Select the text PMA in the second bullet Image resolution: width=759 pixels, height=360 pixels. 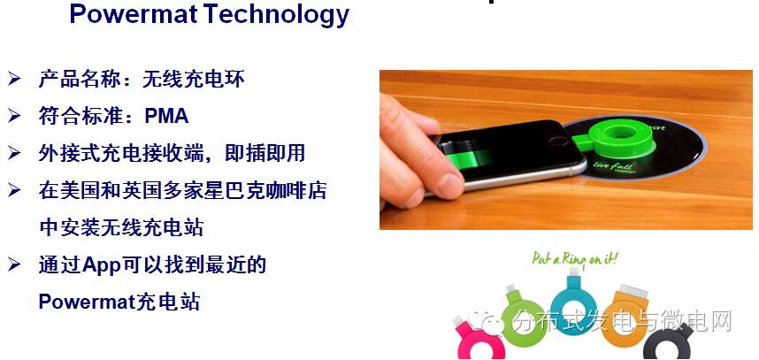[x=166, y=116]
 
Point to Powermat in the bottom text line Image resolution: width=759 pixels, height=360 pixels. [x=86, y=302]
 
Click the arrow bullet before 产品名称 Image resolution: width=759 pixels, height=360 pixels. [x=15, y=80]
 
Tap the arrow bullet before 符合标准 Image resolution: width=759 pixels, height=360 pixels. [x=15, y=116]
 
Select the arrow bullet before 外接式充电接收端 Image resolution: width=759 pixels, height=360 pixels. [x=15, y=153]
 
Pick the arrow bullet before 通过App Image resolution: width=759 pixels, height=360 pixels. [x=15, y=264]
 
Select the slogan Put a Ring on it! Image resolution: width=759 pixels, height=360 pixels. [x=575, y=259]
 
